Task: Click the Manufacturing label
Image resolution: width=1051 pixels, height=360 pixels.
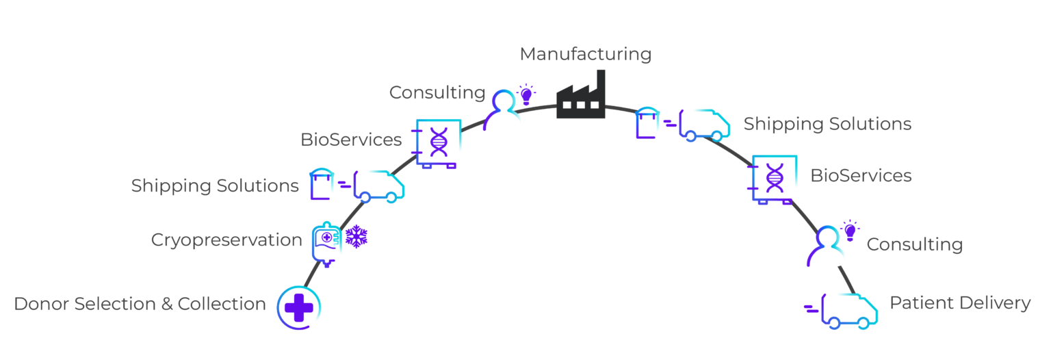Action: click(585, 54)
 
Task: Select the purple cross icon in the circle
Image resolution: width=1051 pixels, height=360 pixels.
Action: click(298, 308)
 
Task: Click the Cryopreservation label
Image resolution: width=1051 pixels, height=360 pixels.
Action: click(226, 240)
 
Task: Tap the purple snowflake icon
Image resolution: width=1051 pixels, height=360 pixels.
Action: click(356, 237)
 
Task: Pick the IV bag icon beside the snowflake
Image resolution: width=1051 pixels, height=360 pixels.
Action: click(326, 243)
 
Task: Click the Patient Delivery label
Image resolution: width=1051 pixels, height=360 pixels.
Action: click(959, 303)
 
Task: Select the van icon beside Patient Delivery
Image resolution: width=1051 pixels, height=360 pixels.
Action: click(846, 311)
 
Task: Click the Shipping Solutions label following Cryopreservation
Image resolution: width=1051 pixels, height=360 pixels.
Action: click(215, 185)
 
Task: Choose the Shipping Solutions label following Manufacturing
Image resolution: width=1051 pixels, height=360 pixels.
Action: click(827, 124)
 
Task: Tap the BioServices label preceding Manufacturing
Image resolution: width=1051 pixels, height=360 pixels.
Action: click(351, 140)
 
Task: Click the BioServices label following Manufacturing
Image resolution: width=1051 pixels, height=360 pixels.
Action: click(861, 176)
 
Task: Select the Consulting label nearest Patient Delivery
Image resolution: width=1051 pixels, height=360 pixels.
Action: click(914, 244)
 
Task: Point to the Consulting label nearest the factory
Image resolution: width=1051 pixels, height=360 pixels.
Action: click(437, 92)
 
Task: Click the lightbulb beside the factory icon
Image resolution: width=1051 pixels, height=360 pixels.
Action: click(525, 95)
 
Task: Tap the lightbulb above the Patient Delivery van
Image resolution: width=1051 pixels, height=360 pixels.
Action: click(850, 231)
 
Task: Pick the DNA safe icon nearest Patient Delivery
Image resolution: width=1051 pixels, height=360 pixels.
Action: click(774, 179)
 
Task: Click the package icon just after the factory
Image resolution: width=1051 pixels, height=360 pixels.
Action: click(647, 123)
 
